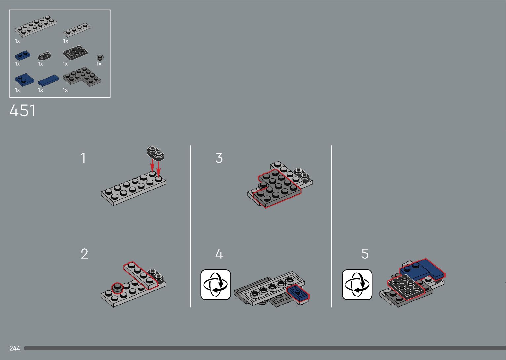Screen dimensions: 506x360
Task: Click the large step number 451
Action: point(22,111)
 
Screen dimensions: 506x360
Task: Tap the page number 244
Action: point(15,348)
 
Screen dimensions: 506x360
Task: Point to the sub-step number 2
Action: point(84,254)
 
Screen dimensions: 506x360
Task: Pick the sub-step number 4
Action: point(219,254)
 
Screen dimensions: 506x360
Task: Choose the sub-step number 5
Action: point(365,254)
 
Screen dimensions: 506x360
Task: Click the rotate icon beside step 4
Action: point(215,285)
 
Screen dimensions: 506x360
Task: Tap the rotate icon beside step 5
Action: point(357,285)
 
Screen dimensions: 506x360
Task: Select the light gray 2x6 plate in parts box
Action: point(35,26)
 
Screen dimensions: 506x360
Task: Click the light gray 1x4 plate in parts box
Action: point(77,30)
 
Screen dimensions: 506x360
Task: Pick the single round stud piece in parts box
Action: point(100,57)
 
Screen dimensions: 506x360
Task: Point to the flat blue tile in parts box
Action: point(49,81)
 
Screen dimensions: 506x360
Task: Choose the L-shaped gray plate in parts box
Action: point(82,76)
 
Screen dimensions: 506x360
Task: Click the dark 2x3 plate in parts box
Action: point(75,53)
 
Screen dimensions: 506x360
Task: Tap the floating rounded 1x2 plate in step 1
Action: point(155,153)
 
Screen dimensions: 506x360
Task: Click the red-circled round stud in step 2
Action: point(117,288)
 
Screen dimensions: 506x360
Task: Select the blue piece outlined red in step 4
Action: point(298,293)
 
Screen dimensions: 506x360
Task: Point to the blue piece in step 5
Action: point(422,270)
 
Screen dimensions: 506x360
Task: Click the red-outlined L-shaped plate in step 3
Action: point(277,188)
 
